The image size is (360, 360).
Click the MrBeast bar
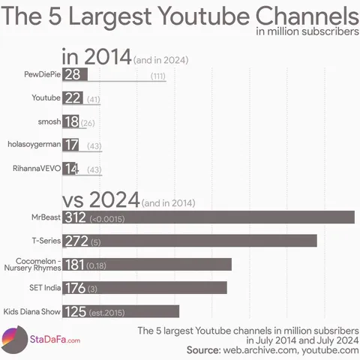click(x=225, y=217)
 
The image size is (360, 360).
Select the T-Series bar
click(x=202, y=241)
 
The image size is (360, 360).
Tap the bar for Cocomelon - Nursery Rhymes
click(x=172, y=264)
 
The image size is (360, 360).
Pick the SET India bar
click(x=165, y=287)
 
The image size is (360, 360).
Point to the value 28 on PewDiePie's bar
click(x=73, y=74)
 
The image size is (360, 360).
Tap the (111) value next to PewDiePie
click(x=157, y=76)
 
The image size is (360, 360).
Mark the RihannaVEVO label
click(x=37, y=169)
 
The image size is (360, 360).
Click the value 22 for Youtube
click(x=73, y=98)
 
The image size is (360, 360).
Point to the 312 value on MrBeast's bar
click(x=75, y=217)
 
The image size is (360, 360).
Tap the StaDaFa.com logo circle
click(x=14, y=340)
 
